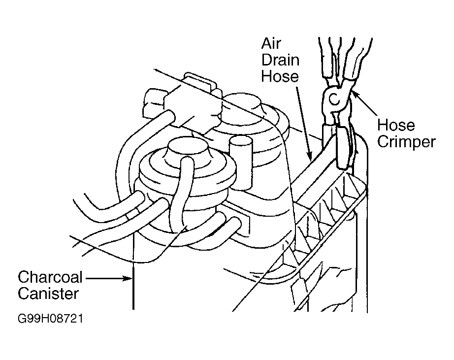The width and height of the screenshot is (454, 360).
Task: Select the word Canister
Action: pyautogui.click(x=48, y=294)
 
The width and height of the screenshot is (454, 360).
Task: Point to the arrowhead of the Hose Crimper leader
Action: pyautogui.click(x=353, y=93)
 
